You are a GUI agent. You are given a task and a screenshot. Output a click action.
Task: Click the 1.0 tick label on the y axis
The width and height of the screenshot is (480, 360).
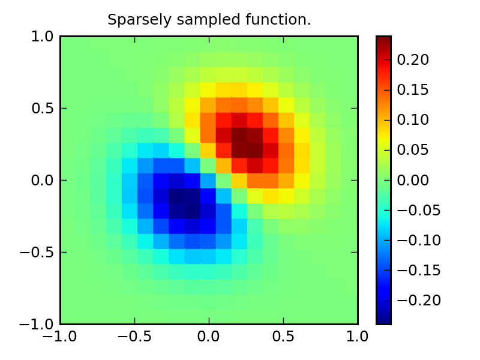(x=44, y=37)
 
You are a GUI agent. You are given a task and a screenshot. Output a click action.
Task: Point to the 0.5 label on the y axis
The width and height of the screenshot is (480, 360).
(x=44, y=109)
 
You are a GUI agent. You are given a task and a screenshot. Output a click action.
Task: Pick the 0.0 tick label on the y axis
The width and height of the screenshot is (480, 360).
(x=44, y=181)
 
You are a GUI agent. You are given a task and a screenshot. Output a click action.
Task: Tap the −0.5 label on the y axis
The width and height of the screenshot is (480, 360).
(x=40, y=253)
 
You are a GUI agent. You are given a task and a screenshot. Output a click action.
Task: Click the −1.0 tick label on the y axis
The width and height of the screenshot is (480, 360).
(x=40, y=325)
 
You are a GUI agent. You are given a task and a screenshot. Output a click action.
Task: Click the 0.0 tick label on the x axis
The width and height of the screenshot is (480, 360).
(x=209, y=337)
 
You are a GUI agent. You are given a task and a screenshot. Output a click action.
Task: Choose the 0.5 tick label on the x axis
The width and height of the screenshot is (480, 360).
(x=283, y=337)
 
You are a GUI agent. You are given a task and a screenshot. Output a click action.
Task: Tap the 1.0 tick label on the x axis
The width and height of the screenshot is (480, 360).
(x=358, y=337)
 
